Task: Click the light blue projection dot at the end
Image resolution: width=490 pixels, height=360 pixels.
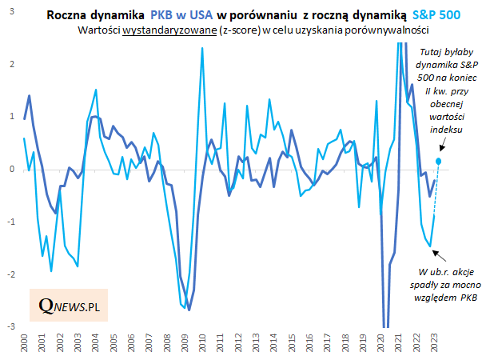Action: tap(439, 161)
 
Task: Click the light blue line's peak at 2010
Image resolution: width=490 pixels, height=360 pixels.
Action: tap(201, 48)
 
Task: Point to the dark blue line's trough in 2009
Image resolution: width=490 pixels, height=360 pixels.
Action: tap(189, 310)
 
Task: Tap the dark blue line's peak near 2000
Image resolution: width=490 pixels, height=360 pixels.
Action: tap(30, 95)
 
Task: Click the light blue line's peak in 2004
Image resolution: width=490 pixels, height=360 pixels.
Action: tap(96, 90)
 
